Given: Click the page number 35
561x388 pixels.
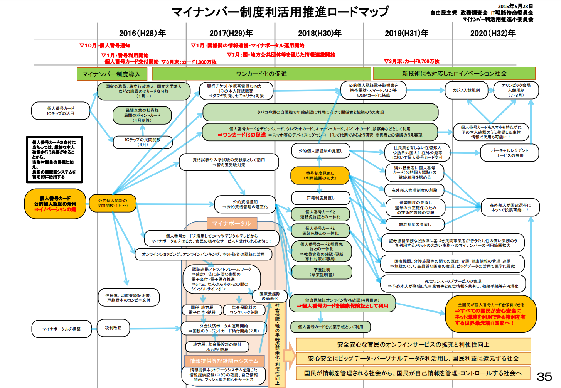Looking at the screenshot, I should click(x=544, y=376).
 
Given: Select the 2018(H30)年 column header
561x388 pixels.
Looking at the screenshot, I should click(x=320, y=33).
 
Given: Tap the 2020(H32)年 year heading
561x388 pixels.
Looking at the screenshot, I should click(x=493, y=33).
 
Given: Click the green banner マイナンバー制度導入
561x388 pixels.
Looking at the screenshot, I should click(x=111, y=74).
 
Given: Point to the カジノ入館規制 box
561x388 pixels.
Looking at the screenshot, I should click(x=466, y=90).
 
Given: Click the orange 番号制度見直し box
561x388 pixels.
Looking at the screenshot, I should click(x=320, y=175).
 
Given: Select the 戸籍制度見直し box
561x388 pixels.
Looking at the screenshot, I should click(x=321, y=198).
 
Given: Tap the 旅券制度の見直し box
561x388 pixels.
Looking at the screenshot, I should click(x=415, y=224).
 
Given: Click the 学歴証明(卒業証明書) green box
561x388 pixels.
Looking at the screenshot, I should click(x=322, y=272).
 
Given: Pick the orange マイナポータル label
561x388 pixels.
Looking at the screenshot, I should click(x=231, y=223).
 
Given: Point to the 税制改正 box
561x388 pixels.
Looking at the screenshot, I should click(x=113, y=328).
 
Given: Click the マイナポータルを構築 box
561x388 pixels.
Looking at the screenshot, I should click(x=62, y=329).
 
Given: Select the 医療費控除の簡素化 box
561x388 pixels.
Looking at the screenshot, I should click(x=270, y=296).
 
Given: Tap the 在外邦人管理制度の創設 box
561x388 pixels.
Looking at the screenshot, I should click(x=414, y=190).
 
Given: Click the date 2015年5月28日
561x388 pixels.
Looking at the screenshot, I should click(x=515, y=6).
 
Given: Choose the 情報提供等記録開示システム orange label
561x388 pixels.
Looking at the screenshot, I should click(x=224, y=361).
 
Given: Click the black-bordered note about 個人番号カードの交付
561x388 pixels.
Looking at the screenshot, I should click(x=54, y=159).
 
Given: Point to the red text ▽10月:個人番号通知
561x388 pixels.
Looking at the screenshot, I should click(x=105, y=46).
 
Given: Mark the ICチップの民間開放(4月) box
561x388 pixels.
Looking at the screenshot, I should click(x=143, y=142).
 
